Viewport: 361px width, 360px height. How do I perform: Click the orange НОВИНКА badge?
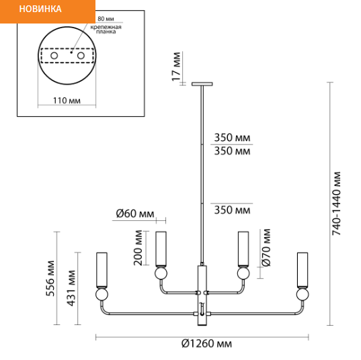48,11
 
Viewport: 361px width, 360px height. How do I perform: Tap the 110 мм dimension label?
67,101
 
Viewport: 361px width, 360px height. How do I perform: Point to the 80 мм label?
106,19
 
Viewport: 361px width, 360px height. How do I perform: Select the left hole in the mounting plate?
54,56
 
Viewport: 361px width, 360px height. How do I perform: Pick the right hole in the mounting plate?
81,56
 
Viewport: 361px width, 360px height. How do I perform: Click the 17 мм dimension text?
177,66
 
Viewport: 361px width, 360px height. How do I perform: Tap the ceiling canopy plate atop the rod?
202,84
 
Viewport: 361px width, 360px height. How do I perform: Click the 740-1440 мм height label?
336,204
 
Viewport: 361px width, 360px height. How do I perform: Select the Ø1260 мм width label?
206,344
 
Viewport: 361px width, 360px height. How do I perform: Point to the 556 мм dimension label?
50,278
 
